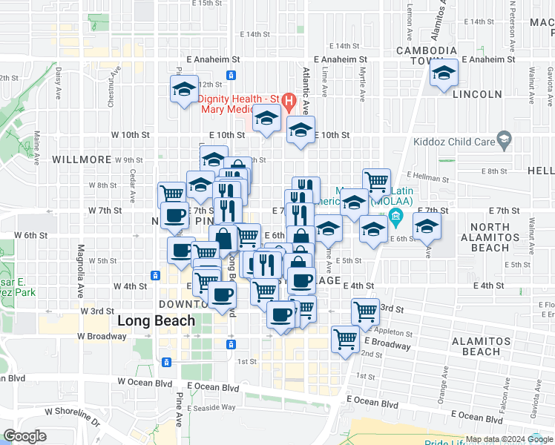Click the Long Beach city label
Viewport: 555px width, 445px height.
point(157,320)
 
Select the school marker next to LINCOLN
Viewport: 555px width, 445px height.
point(444,73)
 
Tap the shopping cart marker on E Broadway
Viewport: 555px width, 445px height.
point(346,340)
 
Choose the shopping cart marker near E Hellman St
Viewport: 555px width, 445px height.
point(377,181)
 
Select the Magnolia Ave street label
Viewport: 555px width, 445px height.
point(81,260)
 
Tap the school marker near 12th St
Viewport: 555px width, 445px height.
point(184,90)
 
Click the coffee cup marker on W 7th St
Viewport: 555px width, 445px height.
point(175,216)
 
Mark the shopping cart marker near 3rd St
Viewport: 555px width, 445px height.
point(365,312)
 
